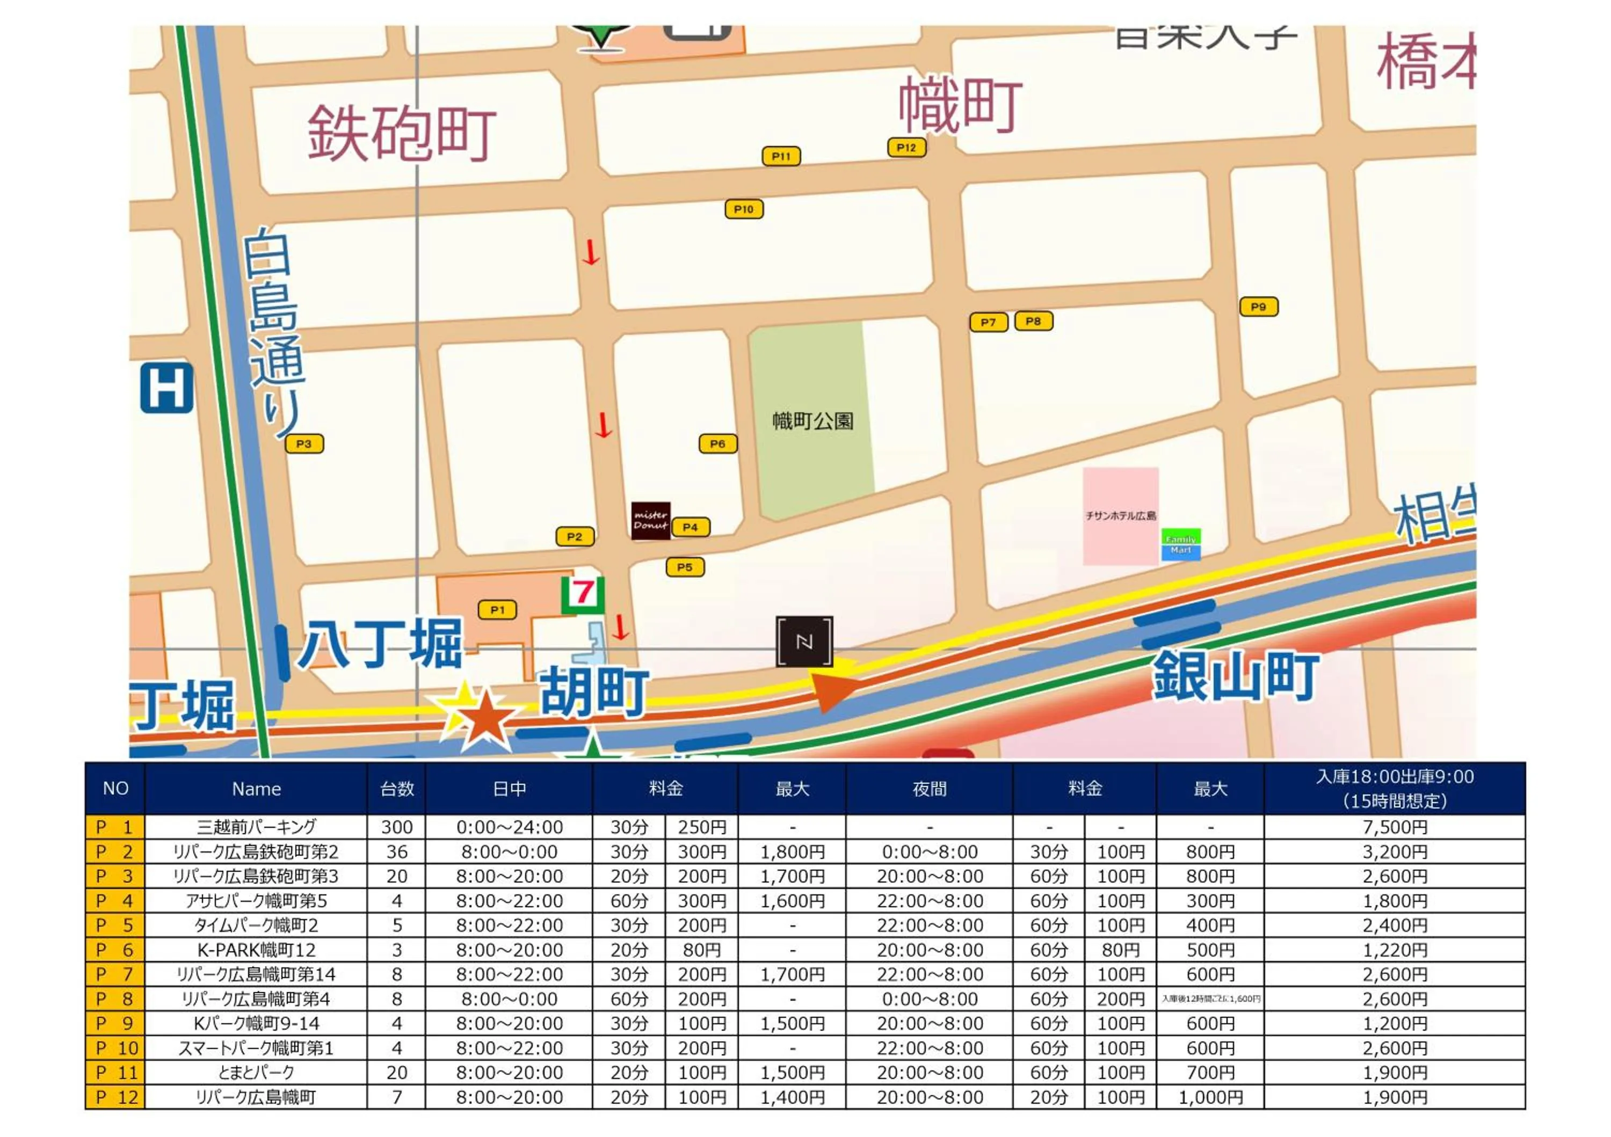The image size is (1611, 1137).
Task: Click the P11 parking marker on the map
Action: pyautogui.click(x=781, y=156)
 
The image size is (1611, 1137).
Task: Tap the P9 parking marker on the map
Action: pyautogui.click(x=1258, y=307)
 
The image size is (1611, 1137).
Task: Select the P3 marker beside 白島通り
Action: pyautogui.click(x=304, y=444)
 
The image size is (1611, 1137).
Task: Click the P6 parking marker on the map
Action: pyautogui.click(x=717, y=444)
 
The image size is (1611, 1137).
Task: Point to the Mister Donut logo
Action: pyautogui.click(x=650, y=520)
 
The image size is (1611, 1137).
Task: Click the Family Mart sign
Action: pyautogui.click(x=1180, y=544)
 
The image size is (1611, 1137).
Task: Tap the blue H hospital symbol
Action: pyautogui.click(x=166, y=388)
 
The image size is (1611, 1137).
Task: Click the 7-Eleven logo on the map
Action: pyautogui.click(x=582, y=594)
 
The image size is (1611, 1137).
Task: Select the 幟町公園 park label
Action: pyautogui.click(x=812, y=421)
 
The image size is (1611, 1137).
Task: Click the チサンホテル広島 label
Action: pyautogui.click(x=1121, y=515)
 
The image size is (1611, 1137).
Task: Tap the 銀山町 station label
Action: pyautogui.click(x=1235, y=676)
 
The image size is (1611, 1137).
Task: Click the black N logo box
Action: pyautogui.click(x=804, y=641)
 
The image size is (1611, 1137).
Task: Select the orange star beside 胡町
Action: pyautogui.click(x=483, y=717)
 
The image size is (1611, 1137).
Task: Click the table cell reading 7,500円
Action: pyautogui.click(x=1394, y=827)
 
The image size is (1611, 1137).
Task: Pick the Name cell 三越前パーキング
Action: pyautogui.click(x=256, y=827)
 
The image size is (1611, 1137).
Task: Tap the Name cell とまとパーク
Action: pyautogui.click(x=256, y=1073)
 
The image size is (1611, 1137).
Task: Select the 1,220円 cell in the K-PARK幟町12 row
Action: pyautogui.click(x=1394, y=950)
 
